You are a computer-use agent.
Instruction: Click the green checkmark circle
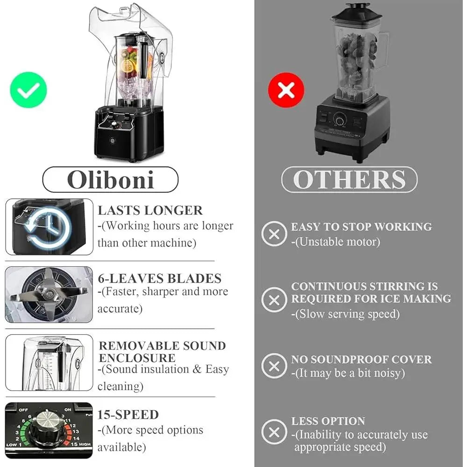28,90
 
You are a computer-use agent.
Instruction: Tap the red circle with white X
286,90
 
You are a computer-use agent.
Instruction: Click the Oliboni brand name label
111,180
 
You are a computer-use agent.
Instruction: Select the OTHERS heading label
349,180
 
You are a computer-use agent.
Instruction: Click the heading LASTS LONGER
150,210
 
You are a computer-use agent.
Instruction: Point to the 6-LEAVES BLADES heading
160,278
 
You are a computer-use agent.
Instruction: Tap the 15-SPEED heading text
128,415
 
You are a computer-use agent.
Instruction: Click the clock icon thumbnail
49,227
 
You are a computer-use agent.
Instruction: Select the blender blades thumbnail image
49,295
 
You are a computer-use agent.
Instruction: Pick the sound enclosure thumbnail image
49,362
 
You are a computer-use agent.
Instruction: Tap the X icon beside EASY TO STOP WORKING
274,234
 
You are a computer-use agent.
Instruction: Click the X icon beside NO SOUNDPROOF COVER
274,366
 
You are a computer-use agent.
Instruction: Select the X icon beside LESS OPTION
274,432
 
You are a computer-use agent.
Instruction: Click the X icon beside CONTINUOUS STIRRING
274,300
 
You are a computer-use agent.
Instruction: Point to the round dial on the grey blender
340,120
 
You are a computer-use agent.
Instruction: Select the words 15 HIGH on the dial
80,444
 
